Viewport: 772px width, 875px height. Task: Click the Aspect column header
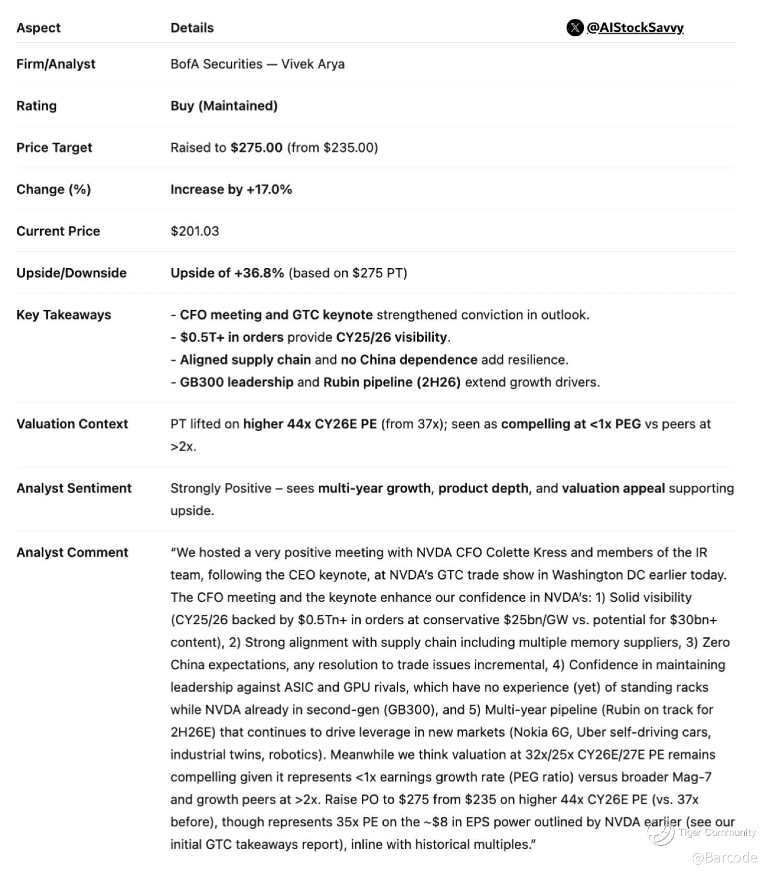pyautogui.click(x=38, y=28)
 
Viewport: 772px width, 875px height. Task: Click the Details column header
pyautogui.click(x=192, y=28)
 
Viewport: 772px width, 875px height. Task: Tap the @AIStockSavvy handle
pyautogui.click(x=635, y=28)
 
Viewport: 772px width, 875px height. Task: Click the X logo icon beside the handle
pyautogui.click(x=575, y=28)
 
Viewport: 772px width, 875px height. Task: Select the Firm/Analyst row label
pyautogui.click(x=56, y=64)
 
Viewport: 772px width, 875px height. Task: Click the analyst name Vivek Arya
pyautogui.click(x=313, y=64)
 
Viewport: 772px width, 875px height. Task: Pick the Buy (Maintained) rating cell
pyautogui.click(x=224, y=106)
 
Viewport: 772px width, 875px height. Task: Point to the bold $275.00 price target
pyautogui.click(x=256, y=147)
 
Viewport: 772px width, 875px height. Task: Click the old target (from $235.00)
pyautogui.click(x=333, y=147)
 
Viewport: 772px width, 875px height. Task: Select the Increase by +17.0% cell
pyautogui.click(x=231, y=189)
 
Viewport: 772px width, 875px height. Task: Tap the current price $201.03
pyautogui.click(x=195, y=231)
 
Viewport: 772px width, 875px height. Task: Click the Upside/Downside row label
pyautogui.click(x=71, y=273)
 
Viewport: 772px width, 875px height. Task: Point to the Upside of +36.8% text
pyautogui.click(x=227, y=273)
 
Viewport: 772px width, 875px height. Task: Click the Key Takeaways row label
pyautogui.click(x=63, y=315)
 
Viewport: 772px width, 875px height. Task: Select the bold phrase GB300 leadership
pyautogui.click(x=237, y=382)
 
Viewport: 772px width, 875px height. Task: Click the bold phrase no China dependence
pyautogui.click(x=409, y=360)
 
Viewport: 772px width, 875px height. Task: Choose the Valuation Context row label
pyautogui.click(x=72, y=424)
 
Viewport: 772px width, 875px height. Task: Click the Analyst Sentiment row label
pyautogui.click(x=74, y=488)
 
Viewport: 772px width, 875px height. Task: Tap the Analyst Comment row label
pyautogui.click(x=72, y=552)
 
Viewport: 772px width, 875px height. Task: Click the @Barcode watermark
pyautogui.click(x=724, y=858)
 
